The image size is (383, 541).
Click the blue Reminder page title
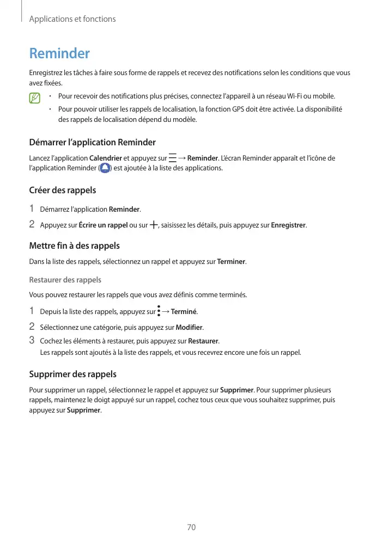[x=59, y=54]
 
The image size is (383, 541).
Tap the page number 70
[x=191, y=527]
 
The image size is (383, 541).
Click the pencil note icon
[x=35, y=99]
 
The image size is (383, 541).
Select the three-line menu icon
[x=173, y=158]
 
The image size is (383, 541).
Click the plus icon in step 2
[x=153, y=225]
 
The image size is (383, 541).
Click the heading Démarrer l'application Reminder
[x=92, y=143]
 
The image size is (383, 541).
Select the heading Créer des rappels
[x=62, y=190]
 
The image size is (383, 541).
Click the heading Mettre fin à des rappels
[x=74, y=246]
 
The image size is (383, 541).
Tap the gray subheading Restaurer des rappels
[x=65, y=280]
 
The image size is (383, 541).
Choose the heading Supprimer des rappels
[x=72, y=374]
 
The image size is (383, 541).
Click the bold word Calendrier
[x=105, y=158]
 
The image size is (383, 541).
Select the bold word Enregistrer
[x=288, y=225]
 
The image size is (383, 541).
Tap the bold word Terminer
[x=231, y=262]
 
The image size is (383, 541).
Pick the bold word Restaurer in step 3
[x=203, y=341]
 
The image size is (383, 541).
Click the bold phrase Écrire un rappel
[x=104, y=225]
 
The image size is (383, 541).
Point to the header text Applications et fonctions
[x=72, y=19]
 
